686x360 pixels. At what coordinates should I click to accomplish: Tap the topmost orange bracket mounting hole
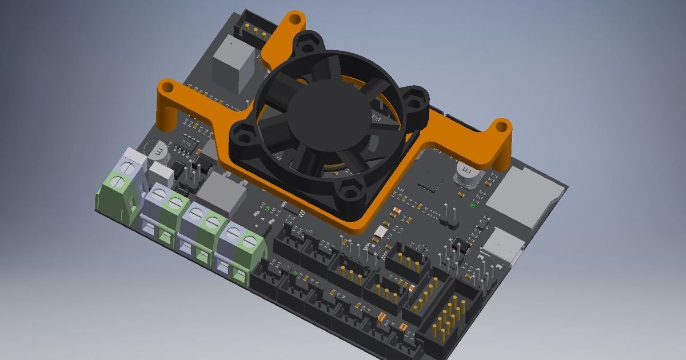pos(295,19)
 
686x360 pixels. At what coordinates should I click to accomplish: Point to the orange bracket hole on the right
pos(501,126)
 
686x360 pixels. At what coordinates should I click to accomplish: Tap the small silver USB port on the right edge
pos(502,245)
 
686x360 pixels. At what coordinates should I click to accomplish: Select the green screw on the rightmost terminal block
pos(248,241)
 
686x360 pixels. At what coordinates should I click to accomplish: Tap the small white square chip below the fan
pos(379,233)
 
